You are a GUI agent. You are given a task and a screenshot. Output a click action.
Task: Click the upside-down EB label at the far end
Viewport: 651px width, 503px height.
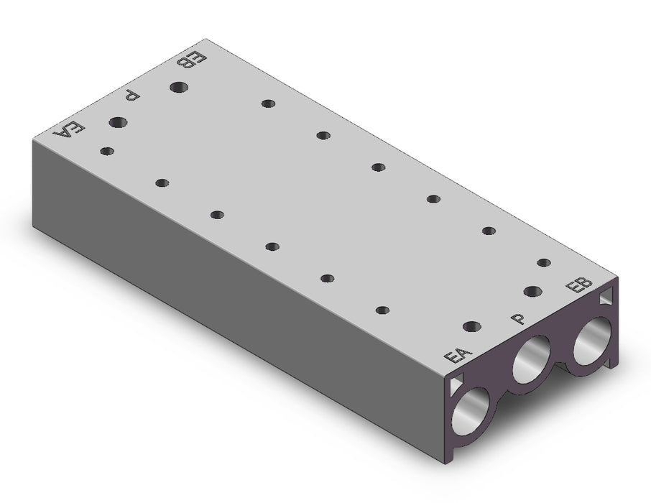pyautogui.click(x=192, y=60)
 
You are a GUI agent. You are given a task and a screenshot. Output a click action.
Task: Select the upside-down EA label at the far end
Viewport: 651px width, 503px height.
pyautogui.click(x=69, y=129)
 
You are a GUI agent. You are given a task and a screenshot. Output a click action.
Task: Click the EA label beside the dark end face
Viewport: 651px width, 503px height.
pyautogui.click(x=458, y=356)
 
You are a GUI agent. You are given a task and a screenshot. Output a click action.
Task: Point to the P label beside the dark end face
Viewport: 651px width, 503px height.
pyautogui.click(x=518, y=318)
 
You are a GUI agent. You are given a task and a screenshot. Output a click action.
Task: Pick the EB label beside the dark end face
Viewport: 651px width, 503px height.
pyautogui.click(x=580, y=285)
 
